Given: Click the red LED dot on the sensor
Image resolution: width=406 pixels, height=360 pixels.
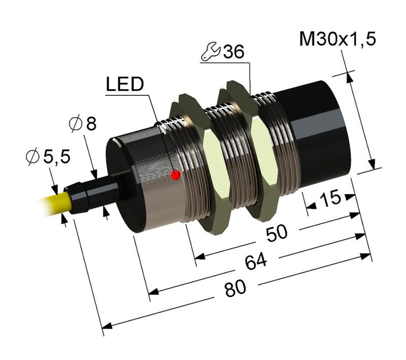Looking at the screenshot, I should click(176, 175).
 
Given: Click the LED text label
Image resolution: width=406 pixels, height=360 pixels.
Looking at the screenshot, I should click(124, 85).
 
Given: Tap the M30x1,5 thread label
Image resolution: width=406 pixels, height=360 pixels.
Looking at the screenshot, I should click(337, 39).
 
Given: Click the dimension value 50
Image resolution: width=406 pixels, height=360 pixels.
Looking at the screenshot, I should click(277, 233).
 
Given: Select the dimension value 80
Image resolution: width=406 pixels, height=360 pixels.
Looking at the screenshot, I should click(234, 289).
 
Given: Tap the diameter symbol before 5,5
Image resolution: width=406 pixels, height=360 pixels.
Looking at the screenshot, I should click(31, 158).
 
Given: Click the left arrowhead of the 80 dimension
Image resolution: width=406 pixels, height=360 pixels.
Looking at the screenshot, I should click(107, 325).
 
